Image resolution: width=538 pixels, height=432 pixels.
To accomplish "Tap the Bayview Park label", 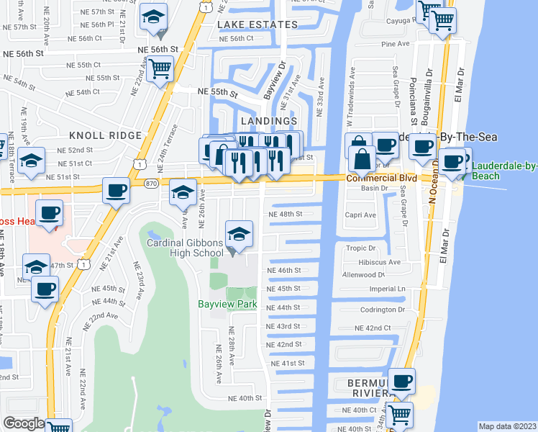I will point(227,305).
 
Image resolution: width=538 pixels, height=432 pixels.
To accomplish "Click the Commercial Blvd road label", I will point(381,178).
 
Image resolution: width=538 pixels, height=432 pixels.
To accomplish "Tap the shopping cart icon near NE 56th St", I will point(160,69).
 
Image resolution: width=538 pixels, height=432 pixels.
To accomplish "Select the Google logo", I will point(24,423).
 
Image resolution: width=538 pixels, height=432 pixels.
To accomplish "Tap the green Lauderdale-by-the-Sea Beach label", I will point(503,171).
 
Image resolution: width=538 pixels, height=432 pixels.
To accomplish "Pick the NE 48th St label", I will point(285,214).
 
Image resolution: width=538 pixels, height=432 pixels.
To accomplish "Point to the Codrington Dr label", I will point(383,310).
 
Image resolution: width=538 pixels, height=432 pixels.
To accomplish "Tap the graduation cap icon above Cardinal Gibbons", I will point(240,233).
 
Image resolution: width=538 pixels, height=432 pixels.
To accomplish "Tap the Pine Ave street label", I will point(395,44).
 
